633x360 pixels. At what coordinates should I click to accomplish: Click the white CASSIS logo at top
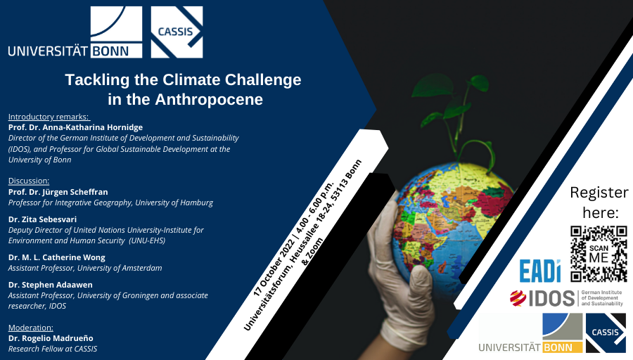coord(177,32)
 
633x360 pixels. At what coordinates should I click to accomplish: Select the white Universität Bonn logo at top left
coord(75,32)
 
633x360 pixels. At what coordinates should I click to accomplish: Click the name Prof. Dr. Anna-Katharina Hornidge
coord(75,127)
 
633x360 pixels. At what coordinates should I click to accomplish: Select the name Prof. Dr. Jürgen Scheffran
coord(58,192)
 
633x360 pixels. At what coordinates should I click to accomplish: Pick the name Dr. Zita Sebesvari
coord(42,219)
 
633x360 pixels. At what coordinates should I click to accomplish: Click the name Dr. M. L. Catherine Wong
coord(56,257)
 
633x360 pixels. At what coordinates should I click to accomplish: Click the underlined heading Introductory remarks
coord(49,116)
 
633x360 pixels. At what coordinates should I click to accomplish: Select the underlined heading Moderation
coord(30,328)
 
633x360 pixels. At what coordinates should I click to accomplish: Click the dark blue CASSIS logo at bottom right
coord(606,333)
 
